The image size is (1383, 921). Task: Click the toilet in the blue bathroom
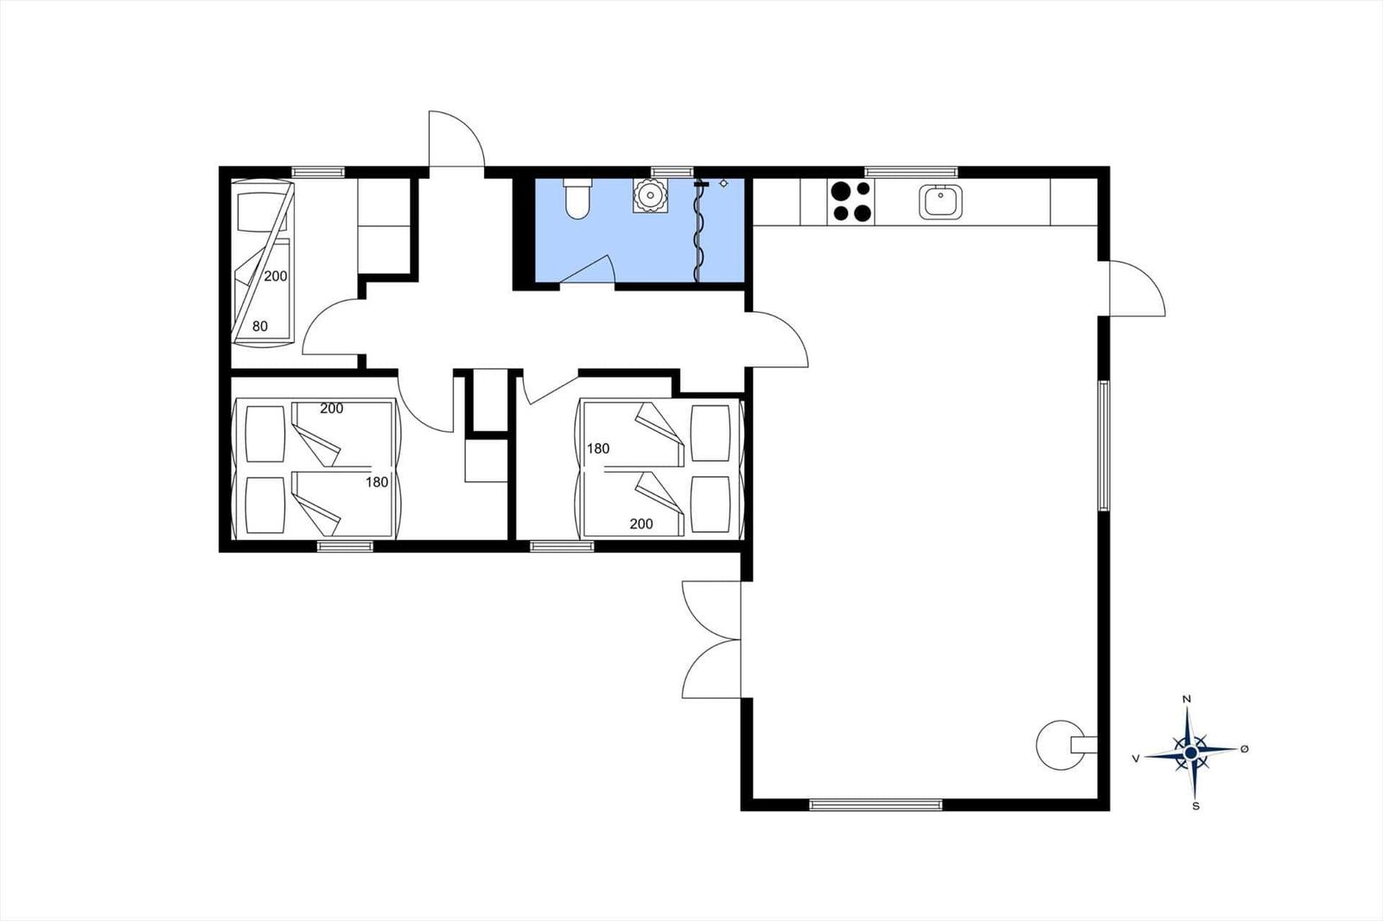(577, 199)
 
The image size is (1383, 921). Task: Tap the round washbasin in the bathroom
(649, 196)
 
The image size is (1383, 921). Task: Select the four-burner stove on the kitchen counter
(851, 201)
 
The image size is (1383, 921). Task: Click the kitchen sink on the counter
(940, 201)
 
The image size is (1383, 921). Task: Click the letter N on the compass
(1187, 699)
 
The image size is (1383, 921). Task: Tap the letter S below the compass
(1195, 806)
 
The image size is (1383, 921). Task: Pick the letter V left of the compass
(1136, 758)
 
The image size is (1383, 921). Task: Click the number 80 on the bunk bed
(259, 327)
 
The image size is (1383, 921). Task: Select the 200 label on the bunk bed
(276, 276)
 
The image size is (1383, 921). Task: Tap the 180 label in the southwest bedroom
(377, 482)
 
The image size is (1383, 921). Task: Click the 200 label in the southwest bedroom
(331, 409)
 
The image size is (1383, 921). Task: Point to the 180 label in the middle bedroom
(598, 448)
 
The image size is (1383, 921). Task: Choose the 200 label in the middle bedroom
(641, 524)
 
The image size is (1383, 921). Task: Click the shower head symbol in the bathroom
(723, 183)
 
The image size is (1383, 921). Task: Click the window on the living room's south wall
(876, 804)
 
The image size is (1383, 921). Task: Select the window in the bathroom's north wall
(672, 172)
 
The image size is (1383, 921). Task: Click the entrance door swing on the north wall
(456, 138)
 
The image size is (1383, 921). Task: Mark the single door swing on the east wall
(1136, 289)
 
